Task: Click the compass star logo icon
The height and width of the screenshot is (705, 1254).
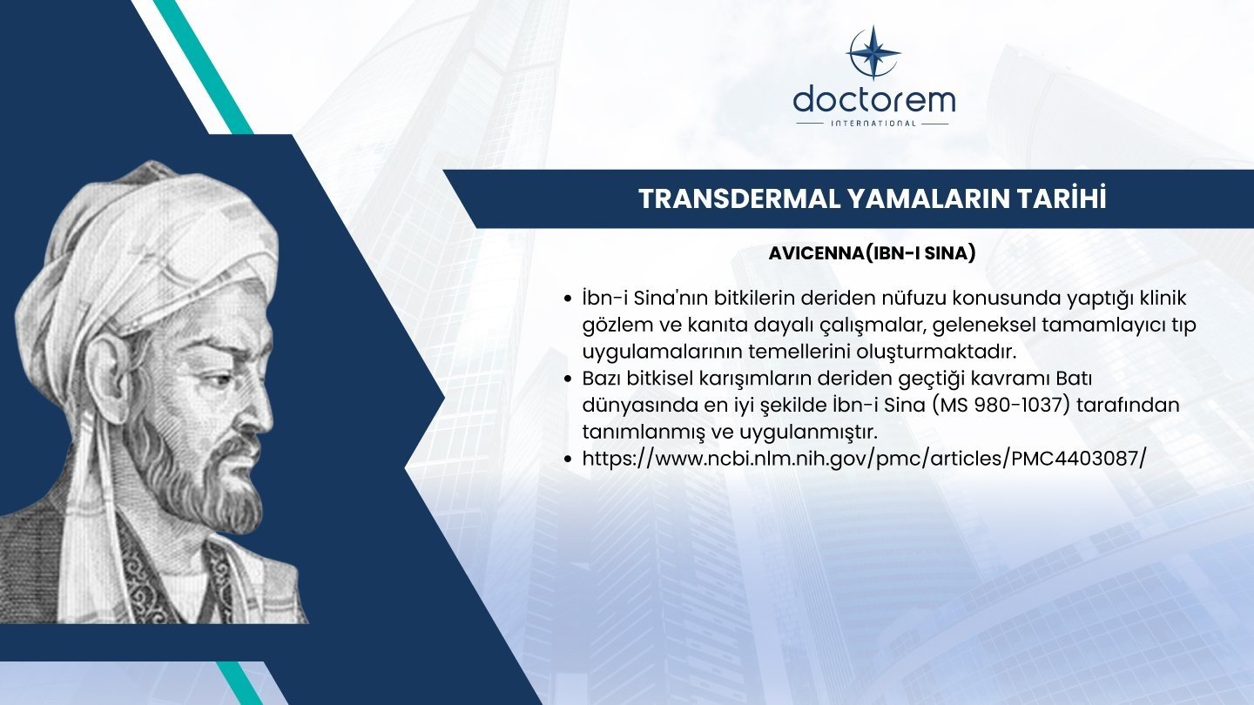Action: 873,52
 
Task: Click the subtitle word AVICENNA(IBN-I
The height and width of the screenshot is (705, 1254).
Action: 843,253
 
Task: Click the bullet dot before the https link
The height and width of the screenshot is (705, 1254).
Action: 568,460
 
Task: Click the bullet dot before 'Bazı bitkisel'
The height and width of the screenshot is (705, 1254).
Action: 568,379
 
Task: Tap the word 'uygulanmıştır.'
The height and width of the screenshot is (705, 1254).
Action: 809,433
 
